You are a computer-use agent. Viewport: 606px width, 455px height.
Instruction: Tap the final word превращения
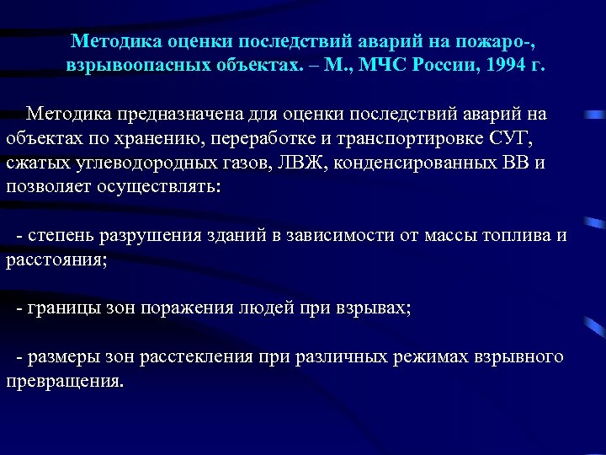tap(63, 381)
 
